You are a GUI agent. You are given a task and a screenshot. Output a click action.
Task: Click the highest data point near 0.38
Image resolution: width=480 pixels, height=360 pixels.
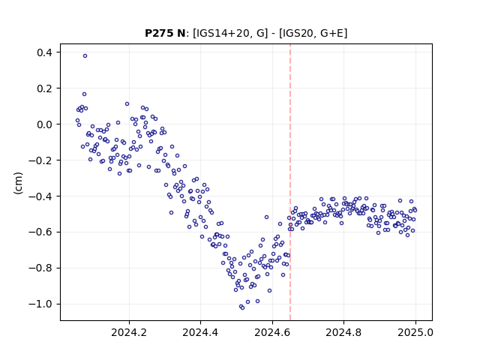click(85, 55)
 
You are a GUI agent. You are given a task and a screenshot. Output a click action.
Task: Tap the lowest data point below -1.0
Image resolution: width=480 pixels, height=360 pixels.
click(242, 307)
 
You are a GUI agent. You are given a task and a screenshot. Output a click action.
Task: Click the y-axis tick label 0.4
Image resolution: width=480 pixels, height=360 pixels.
click(44, 52)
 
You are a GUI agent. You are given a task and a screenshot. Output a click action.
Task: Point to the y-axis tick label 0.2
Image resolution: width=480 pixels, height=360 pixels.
click(44, 88)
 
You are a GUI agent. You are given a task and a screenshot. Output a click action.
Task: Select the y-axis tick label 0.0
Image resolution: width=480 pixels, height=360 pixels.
click(44, 124)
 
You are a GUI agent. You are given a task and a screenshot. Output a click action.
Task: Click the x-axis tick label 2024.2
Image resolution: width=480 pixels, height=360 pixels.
click(129, 332)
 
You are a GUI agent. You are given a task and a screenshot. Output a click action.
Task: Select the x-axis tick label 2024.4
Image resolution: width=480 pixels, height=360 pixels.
click(200, 332)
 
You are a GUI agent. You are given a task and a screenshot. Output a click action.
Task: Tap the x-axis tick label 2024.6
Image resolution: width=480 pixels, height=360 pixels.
click(272, 332)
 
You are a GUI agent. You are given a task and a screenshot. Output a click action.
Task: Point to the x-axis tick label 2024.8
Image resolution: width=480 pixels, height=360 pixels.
click(343, 332)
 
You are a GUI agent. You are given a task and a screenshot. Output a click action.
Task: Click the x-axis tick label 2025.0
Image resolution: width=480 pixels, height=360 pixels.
click(415, 332)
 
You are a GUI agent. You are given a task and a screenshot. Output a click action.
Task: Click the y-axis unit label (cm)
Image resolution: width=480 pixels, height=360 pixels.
click(18, 183)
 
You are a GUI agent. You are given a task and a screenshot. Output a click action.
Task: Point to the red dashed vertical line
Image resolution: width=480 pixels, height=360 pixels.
click(290, 182)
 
